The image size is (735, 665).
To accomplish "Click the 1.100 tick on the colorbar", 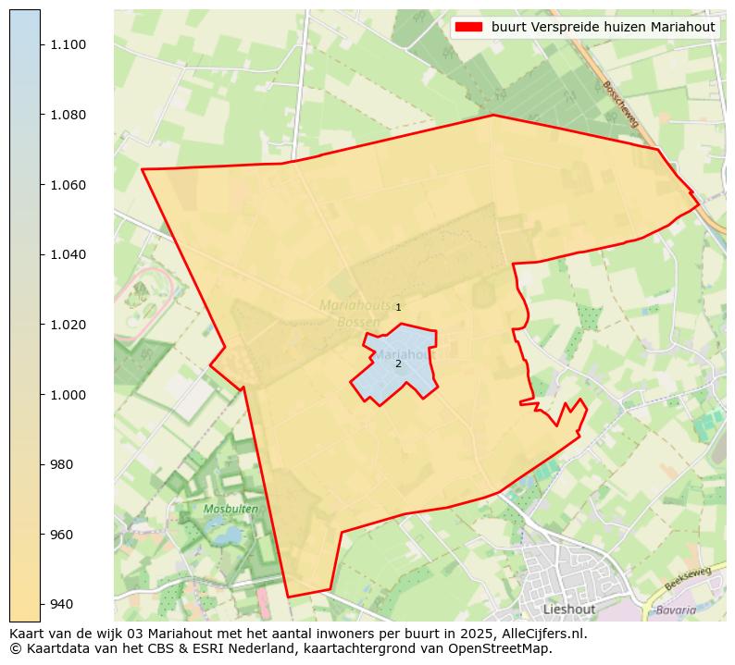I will click(x=69, y=45).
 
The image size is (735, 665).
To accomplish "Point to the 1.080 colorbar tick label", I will click(x=69, y=116).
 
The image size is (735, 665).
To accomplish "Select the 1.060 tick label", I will click(x=69, y=185).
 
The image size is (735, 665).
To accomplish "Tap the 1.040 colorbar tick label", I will click(x=69, y=255).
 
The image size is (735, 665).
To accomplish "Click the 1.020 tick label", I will click(x=69, y=325).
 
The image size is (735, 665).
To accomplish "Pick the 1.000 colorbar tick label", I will click(x=69, y=395).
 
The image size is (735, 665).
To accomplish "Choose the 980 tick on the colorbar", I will click(x=62, y=464).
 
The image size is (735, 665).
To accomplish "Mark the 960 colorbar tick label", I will click(x=62, y=535).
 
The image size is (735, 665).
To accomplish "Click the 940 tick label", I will click(x=62, y=604).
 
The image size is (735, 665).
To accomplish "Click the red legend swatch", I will click(x=469, y=28).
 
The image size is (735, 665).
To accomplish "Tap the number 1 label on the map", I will click(x=398, y=307).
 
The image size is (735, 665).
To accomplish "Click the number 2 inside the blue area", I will click(x=398, y=363).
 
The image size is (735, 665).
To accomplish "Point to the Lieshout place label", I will click(x=569, y=610).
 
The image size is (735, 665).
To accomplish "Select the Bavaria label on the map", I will click(x=675, y=610).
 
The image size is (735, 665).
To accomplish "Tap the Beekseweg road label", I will click(x=688, y=578).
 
